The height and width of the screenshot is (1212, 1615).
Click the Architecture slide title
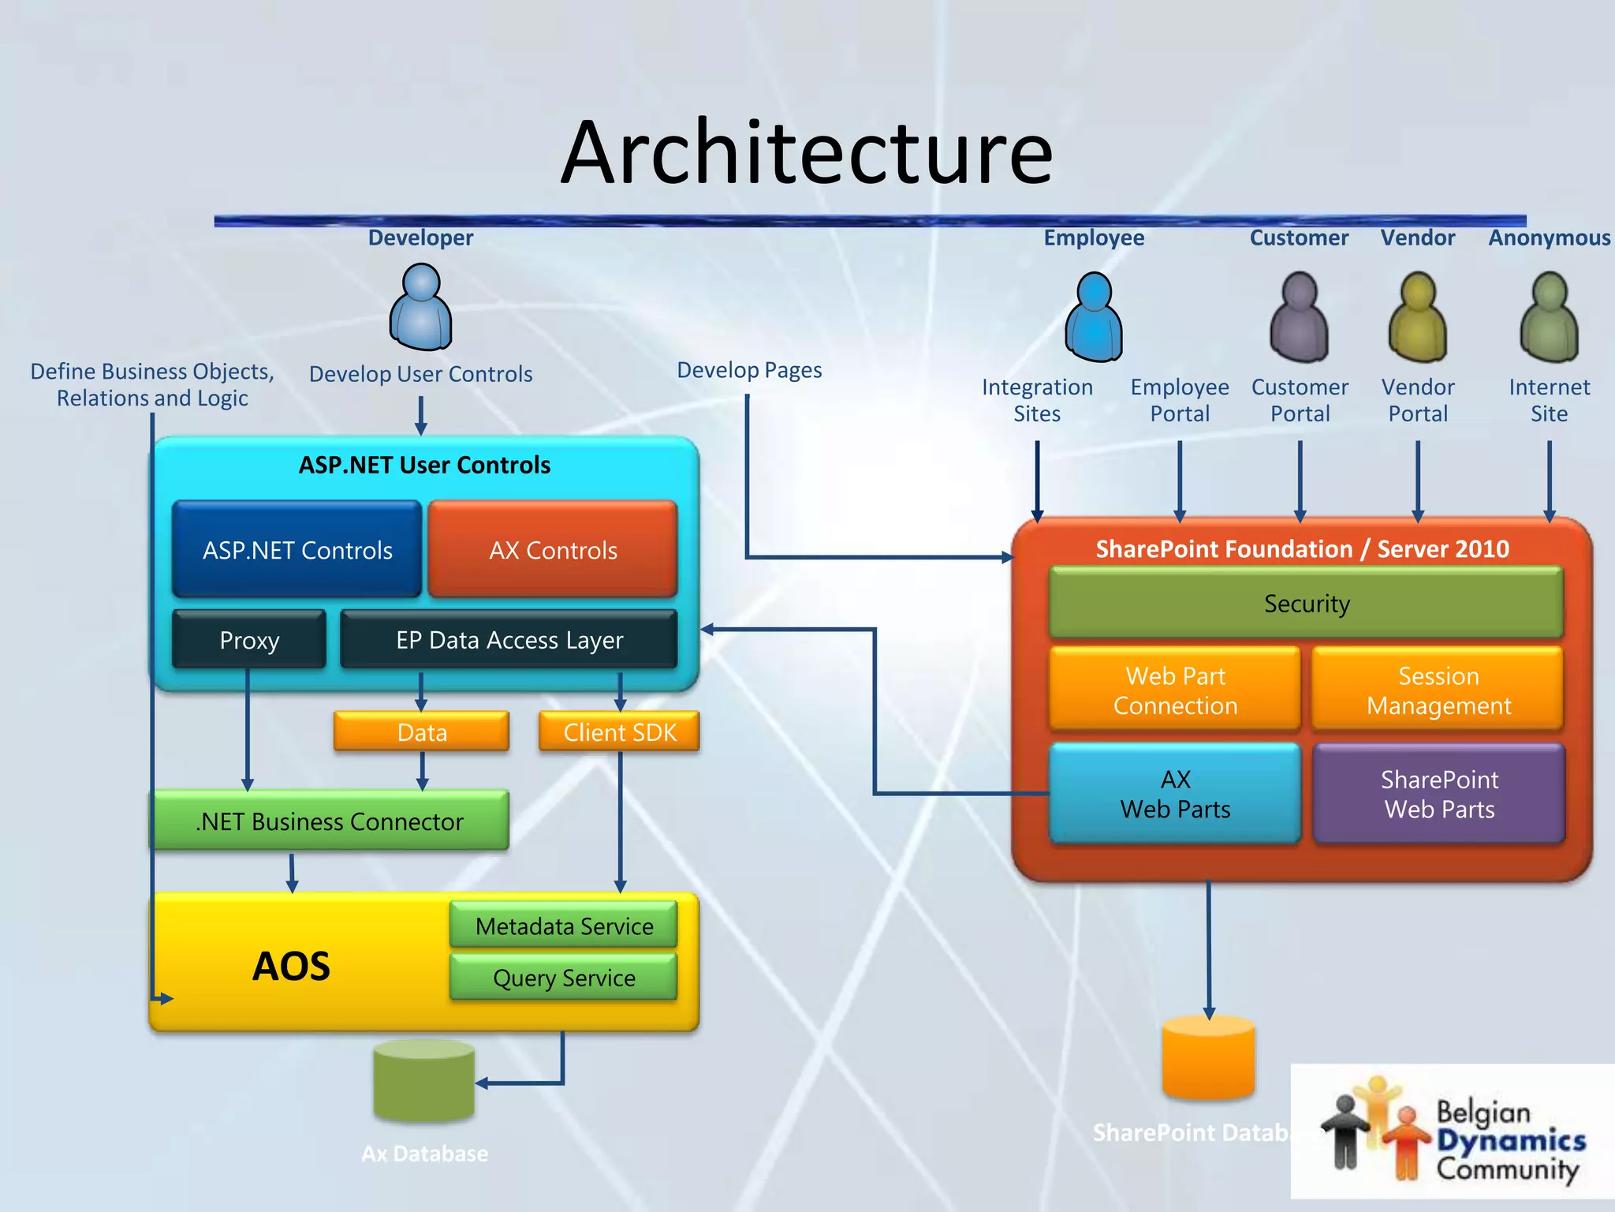coord(807,152)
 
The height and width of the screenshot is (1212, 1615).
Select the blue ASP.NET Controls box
coord(297,549)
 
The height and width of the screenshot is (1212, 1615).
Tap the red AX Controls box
coord(553,549)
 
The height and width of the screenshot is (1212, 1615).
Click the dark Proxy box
coord(249,640)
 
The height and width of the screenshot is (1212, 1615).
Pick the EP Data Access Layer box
coord(509,640)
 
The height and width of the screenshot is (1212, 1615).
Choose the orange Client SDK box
coord(620,732)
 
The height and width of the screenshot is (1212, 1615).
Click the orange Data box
coord(422,732)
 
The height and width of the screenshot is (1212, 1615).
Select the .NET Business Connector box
coord(330,821)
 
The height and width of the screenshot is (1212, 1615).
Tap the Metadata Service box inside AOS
coord(564,926)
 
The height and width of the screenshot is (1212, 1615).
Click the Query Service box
coord(564,978)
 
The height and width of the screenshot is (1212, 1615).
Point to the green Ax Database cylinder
coord(424,1081)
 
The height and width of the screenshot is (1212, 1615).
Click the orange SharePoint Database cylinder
coord(1208,1057)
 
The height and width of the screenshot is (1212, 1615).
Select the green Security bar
coord(1307,604)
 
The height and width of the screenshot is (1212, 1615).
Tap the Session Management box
coord(1438,690)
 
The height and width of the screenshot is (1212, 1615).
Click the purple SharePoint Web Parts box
coord(1439,794)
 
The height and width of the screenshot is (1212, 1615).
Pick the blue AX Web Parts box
coord(1175,794)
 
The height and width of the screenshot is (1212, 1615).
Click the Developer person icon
coord(421,308)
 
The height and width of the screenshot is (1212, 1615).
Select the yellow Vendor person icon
coord(1417,317)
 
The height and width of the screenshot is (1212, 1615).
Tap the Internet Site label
coord(1549,400)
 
